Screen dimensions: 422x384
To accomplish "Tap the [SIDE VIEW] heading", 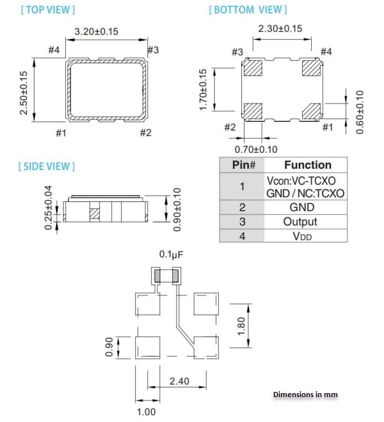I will pyautogui.click(x=47, y=166).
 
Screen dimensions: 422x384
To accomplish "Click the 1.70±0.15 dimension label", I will pyautogui.click(x=204, y=90).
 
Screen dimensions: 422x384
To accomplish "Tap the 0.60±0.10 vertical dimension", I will pyautogui.click(x=359, y=112).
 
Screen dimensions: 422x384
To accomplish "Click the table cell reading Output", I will pyautogui.click(x=300, y=222).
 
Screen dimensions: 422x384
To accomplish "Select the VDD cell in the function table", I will pyautogui.click(x=300, y=236).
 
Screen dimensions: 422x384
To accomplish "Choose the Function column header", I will pyautogui.click(x=307, y=165).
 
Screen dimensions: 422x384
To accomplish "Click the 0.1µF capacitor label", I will pyautogui.click(x=172, y=255).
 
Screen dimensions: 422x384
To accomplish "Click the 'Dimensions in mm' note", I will pyautogui.click(x=305, y=395).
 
